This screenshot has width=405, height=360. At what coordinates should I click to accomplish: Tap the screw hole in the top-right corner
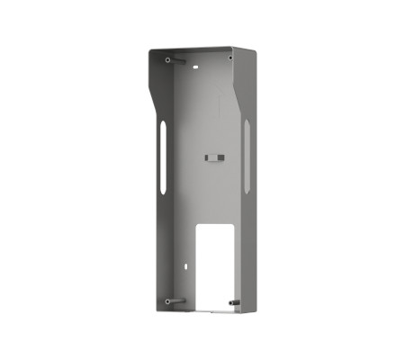pos(229,59)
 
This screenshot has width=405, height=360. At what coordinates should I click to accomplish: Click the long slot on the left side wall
pos(163,160)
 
